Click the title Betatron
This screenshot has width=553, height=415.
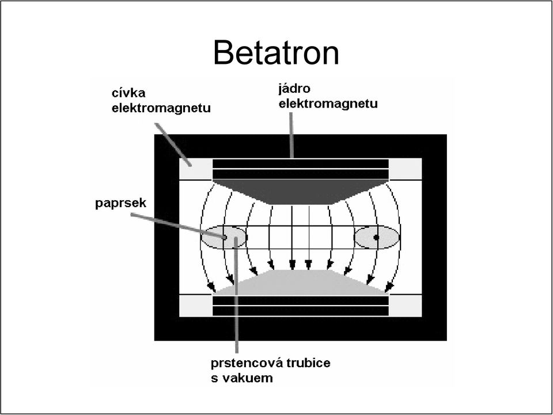pos(276,52)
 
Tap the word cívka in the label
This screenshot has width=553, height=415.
pos(128,93)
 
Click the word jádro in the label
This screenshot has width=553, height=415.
pos(294,89)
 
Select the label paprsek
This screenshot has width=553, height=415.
pos(120,203)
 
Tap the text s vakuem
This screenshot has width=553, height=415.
pos(242,378)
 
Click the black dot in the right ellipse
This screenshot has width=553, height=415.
pos(376,238)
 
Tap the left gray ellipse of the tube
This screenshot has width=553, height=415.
pos(224,237)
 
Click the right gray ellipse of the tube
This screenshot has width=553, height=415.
pos(377,238)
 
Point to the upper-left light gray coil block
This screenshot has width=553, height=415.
pos(196,169)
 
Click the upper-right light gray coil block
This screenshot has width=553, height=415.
pos(405,169)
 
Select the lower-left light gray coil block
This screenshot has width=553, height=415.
pos(196,306)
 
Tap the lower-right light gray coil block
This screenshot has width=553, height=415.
pos(405,306)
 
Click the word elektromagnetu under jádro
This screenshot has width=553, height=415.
pos(328,104)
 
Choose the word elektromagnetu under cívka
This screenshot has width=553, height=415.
pos(161,108)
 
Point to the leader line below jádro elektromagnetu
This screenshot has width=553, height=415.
pos(291,135)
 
